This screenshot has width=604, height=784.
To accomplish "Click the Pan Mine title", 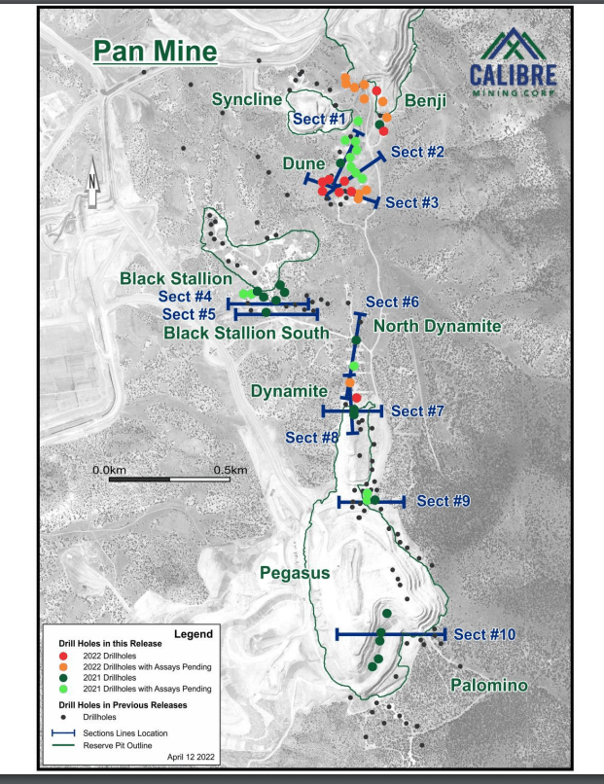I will tap(155, 51).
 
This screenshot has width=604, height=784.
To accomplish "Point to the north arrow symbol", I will tap(93, 184).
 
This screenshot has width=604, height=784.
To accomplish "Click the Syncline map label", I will tap(247, 100).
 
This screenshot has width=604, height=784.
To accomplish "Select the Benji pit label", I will tap(424, 100).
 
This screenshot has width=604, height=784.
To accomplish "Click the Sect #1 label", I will tap(319, 119).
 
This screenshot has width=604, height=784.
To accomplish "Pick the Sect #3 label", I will tap(412, 202).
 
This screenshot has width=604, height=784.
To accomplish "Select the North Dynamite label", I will tap(437, 326).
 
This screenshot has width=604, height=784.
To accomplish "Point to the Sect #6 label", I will tap(392, 302).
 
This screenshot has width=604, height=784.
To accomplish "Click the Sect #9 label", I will tap(444, 501).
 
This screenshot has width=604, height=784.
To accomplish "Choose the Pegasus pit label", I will tap(295, 574).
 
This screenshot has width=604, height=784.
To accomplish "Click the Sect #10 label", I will tap(484, 634).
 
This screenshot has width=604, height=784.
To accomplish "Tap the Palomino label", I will tap(488, 686).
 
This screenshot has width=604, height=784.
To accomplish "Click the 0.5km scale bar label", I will tap(231, 469).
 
